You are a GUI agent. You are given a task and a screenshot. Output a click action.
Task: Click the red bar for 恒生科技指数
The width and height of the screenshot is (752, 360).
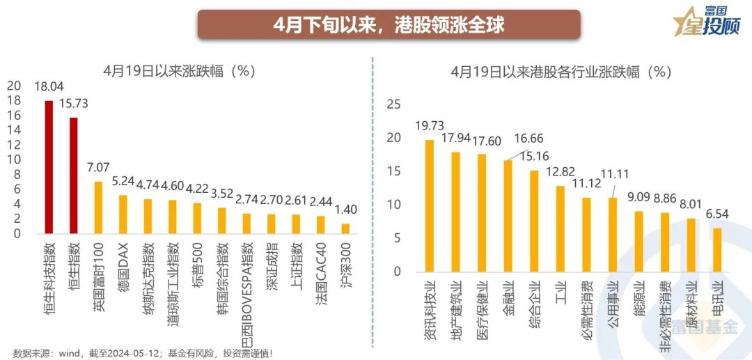tap(49, 167)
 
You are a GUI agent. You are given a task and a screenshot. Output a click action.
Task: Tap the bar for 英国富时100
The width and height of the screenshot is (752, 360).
tap(98, 208)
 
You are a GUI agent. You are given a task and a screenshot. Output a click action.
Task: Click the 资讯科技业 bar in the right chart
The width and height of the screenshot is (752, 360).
tap(430, 205)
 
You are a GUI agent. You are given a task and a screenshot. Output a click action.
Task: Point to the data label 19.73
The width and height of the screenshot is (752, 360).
tap(430, 125)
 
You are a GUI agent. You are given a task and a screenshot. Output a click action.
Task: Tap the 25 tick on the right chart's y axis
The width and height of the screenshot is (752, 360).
tap(394, 104)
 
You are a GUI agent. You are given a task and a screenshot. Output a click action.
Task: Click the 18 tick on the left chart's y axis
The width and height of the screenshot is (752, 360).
tap(14, 100)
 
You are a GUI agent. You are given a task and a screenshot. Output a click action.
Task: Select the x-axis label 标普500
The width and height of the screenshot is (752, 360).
tap(198, 259)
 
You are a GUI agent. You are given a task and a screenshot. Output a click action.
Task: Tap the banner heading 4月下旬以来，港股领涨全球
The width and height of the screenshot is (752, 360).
tap(389, 24)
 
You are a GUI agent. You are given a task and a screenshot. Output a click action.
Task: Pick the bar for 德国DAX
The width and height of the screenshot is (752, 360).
tap(123, 214)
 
